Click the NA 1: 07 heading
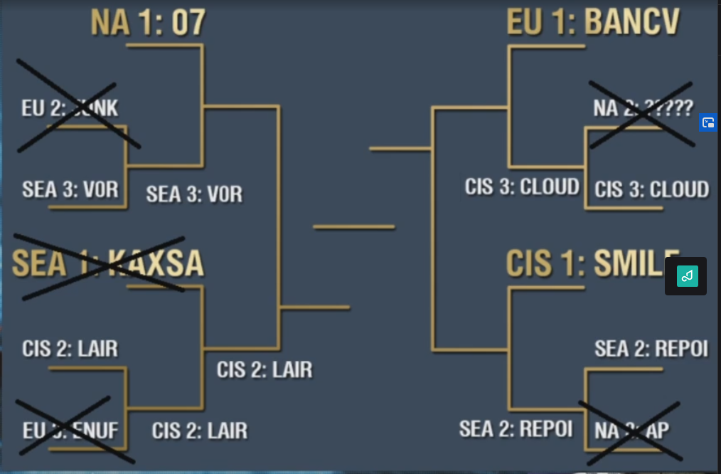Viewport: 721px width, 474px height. [148, 23]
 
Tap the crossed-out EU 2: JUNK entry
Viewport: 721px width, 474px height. [70, 108]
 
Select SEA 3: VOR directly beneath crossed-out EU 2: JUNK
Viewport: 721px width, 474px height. [70, 190]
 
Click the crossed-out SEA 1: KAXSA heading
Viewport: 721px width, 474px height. [107, 263]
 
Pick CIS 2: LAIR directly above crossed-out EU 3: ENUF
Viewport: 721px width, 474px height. [70, 349]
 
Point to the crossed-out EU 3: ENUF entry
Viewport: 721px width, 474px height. [70, 430]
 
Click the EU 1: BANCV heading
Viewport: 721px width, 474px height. [593, 23]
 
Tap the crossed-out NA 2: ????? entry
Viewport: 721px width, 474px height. [643, 108]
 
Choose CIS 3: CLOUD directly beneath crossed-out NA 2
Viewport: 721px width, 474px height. [651, 189]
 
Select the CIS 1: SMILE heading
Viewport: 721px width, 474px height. [593, 263]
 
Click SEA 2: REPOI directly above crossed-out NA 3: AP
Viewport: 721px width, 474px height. [651, 349]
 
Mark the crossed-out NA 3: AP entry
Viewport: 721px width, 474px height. [631, 430]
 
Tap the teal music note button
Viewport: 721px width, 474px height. [687, 276]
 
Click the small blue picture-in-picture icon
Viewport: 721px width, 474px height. [707, 122]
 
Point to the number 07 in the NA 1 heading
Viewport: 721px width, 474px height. [188, 23]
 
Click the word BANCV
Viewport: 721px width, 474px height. [632, 23]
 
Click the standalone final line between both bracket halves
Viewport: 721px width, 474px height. [353, 227]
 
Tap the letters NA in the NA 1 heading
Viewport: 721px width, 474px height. [110, 23]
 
